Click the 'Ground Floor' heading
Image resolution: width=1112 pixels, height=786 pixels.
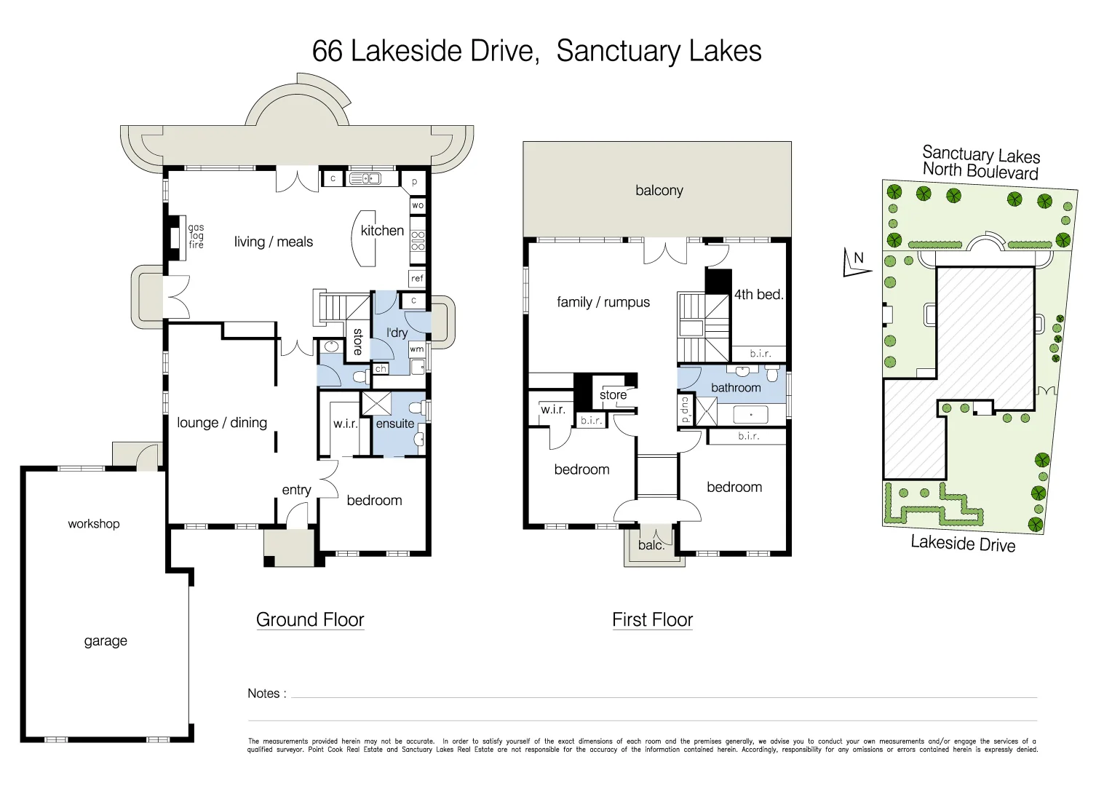310,619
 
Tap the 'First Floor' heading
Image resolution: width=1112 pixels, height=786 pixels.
652,619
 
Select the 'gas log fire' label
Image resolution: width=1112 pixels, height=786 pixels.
196,237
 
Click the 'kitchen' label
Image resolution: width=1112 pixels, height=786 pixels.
382,231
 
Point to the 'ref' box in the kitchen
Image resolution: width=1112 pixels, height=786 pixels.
417,278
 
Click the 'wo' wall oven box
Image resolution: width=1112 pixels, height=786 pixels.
418,205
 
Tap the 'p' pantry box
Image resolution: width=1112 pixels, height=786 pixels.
414,182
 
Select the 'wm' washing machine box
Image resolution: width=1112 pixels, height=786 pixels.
416,349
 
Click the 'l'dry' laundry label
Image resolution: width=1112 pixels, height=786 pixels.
397,333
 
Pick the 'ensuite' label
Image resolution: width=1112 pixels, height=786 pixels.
394,424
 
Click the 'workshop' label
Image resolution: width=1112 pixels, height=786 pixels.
94,523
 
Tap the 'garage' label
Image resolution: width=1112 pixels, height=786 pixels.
106,640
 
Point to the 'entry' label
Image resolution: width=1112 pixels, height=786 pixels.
296,490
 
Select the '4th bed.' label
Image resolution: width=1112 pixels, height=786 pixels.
758,295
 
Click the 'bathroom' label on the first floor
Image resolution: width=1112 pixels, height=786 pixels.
736,388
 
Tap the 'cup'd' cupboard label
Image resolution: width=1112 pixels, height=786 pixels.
685,410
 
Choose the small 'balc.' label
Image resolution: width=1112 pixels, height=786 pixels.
651,545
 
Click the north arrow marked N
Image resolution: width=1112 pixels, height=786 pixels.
857,263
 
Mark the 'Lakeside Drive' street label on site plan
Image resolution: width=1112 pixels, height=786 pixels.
962,544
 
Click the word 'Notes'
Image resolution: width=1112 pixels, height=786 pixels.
263,694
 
